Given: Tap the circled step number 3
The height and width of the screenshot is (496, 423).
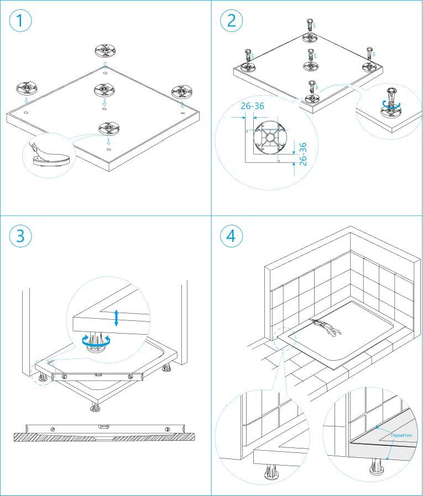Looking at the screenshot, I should (x=20, y=236).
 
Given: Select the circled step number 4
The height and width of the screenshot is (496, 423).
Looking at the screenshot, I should (x=232, y=236).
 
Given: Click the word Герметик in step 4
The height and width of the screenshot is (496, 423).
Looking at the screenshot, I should (x=402, y=435).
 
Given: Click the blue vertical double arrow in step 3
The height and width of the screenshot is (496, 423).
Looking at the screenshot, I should (x=116, y=318).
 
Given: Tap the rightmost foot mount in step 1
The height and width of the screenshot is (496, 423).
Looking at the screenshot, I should (x=182, y=91).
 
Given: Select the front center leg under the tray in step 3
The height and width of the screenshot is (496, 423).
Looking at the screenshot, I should (x=95, y=408).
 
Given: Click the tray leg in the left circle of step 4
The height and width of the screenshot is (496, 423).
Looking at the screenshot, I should (x=271, y=473).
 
